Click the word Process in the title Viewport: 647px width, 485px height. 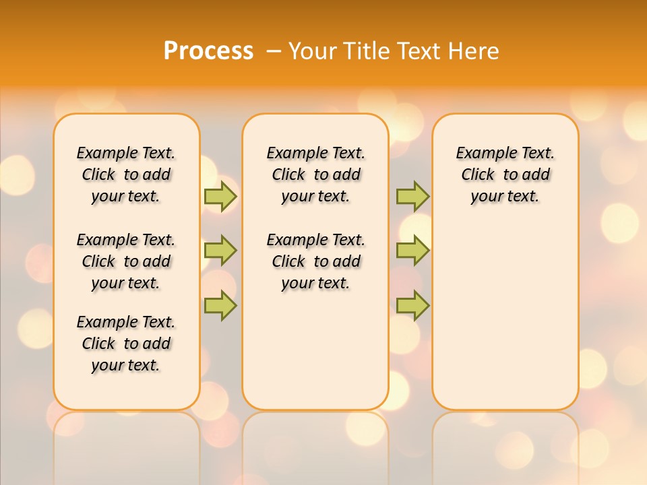pos(208,51)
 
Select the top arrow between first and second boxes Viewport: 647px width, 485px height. pos(220,196)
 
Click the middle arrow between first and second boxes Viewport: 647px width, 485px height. pos(220,251)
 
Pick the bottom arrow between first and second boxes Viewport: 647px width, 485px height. pos(220,305)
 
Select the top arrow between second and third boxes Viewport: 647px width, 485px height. pos(412,196)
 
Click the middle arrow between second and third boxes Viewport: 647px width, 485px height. pos(412,251)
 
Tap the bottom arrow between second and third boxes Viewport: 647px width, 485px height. pos(412,305)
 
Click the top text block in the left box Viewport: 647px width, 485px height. pos(126,174)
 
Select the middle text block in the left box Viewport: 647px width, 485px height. pos(126,261)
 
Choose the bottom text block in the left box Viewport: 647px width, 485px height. pos(126,344)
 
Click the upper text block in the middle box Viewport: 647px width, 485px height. pos(316,174)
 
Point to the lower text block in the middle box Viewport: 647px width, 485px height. pos(316,261)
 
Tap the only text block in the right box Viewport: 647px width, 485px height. pos(505,174)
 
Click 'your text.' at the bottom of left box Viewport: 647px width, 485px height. pos(125,365)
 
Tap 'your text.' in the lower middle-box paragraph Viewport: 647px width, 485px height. pos(315,283)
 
